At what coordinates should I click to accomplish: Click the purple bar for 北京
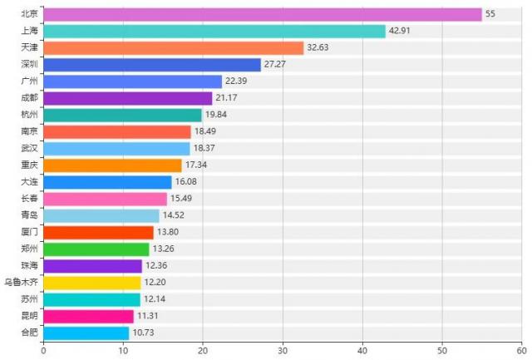pyautogui.click(x=262, y=14)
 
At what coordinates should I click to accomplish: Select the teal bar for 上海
pyautogui.click(x=214, y=31)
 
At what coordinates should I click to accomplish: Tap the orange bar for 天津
pyautogui.click(x=173, y=47)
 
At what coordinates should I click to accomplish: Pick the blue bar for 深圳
pyautogui.click(x=151, y=64)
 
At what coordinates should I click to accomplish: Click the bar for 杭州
pyautogui.click(x=122, y=115)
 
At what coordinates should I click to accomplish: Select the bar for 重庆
pyautogui.click(x=112, y=165)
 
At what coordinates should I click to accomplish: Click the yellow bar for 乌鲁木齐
pyautogui.click(x=91, y=283)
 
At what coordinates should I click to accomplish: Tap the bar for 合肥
pyautogui.click(x=86, y=333)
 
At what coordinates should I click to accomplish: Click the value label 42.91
pyautogui.click(x=401, y=32)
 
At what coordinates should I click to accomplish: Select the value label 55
pyautogui.click(x=490, y=15)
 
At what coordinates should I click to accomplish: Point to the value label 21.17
pyautogui.click(x=227, y=99)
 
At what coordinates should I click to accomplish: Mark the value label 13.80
pyautogui.click(x=168, y=233)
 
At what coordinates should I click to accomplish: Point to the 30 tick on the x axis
pyautogui.click(x=283, y=351)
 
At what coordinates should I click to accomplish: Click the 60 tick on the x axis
pyautogui.click(x=521, y=351)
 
